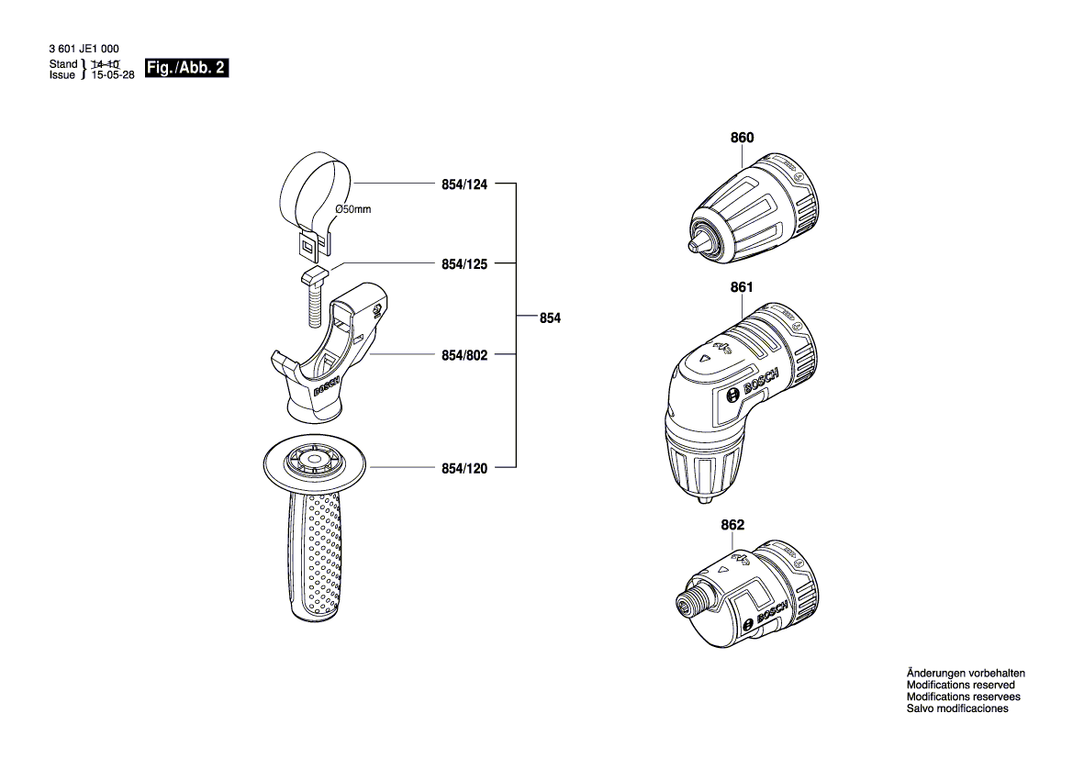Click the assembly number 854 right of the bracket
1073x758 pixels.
click(550, 318)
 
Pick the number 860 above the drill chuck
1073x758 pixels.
click(742, 139)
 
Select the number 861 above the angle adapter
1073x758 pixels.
click(742, 287)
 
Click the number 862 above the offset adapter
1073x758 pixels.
click(732, 525)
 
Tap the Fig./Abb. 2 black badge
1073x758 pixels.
click(186, 68)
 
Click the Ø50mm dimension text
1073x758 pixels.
click(353, 209)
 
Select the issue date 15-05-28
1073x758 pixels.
click(111, 76)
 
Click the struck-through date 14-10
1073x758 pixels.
click(106, 64)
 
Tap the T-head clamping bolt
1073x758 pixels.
click(311, 298)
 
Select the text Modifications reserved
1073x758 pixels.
click(960, 685)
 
